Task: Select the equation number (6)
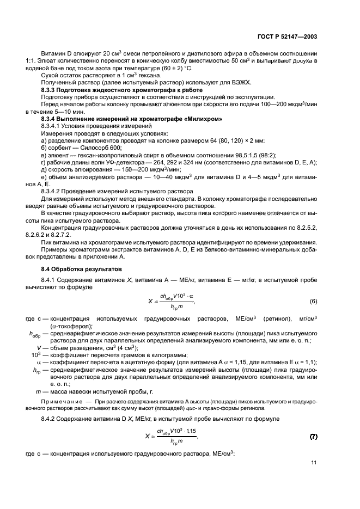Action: (314, 301)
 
